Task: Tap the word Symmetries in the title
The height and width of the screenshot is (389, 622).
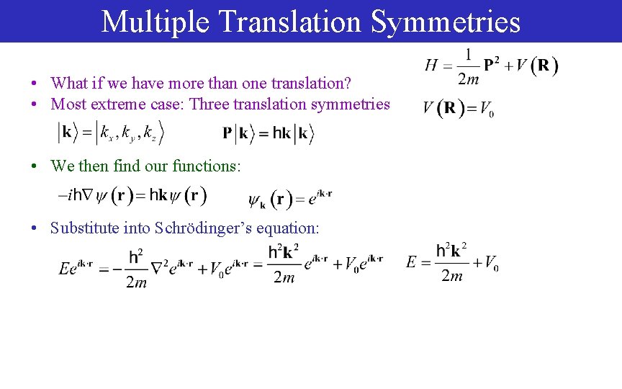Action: [x=446, y=22]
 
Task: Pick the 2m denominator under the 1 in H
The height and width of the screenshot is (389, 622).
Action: [x=469, y=77]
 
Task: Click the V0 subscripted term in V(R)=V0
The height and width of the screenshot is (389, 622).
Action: [x=486, y=109]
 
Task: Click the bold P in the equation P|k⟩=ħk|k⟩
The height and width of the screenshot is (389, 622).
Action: [x=227, y=133]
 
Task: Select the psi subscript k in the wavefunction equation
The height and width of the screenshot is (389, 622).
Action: [x=257, y=200]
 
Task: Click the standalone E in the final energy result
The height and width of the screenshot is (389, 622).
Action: [x=411, y=261]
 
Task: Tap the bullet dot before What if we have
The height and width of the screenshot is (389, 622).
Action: [x=34, y=84]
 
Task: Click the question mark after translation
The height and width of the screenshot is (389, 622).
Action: [x=348, y=83]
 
